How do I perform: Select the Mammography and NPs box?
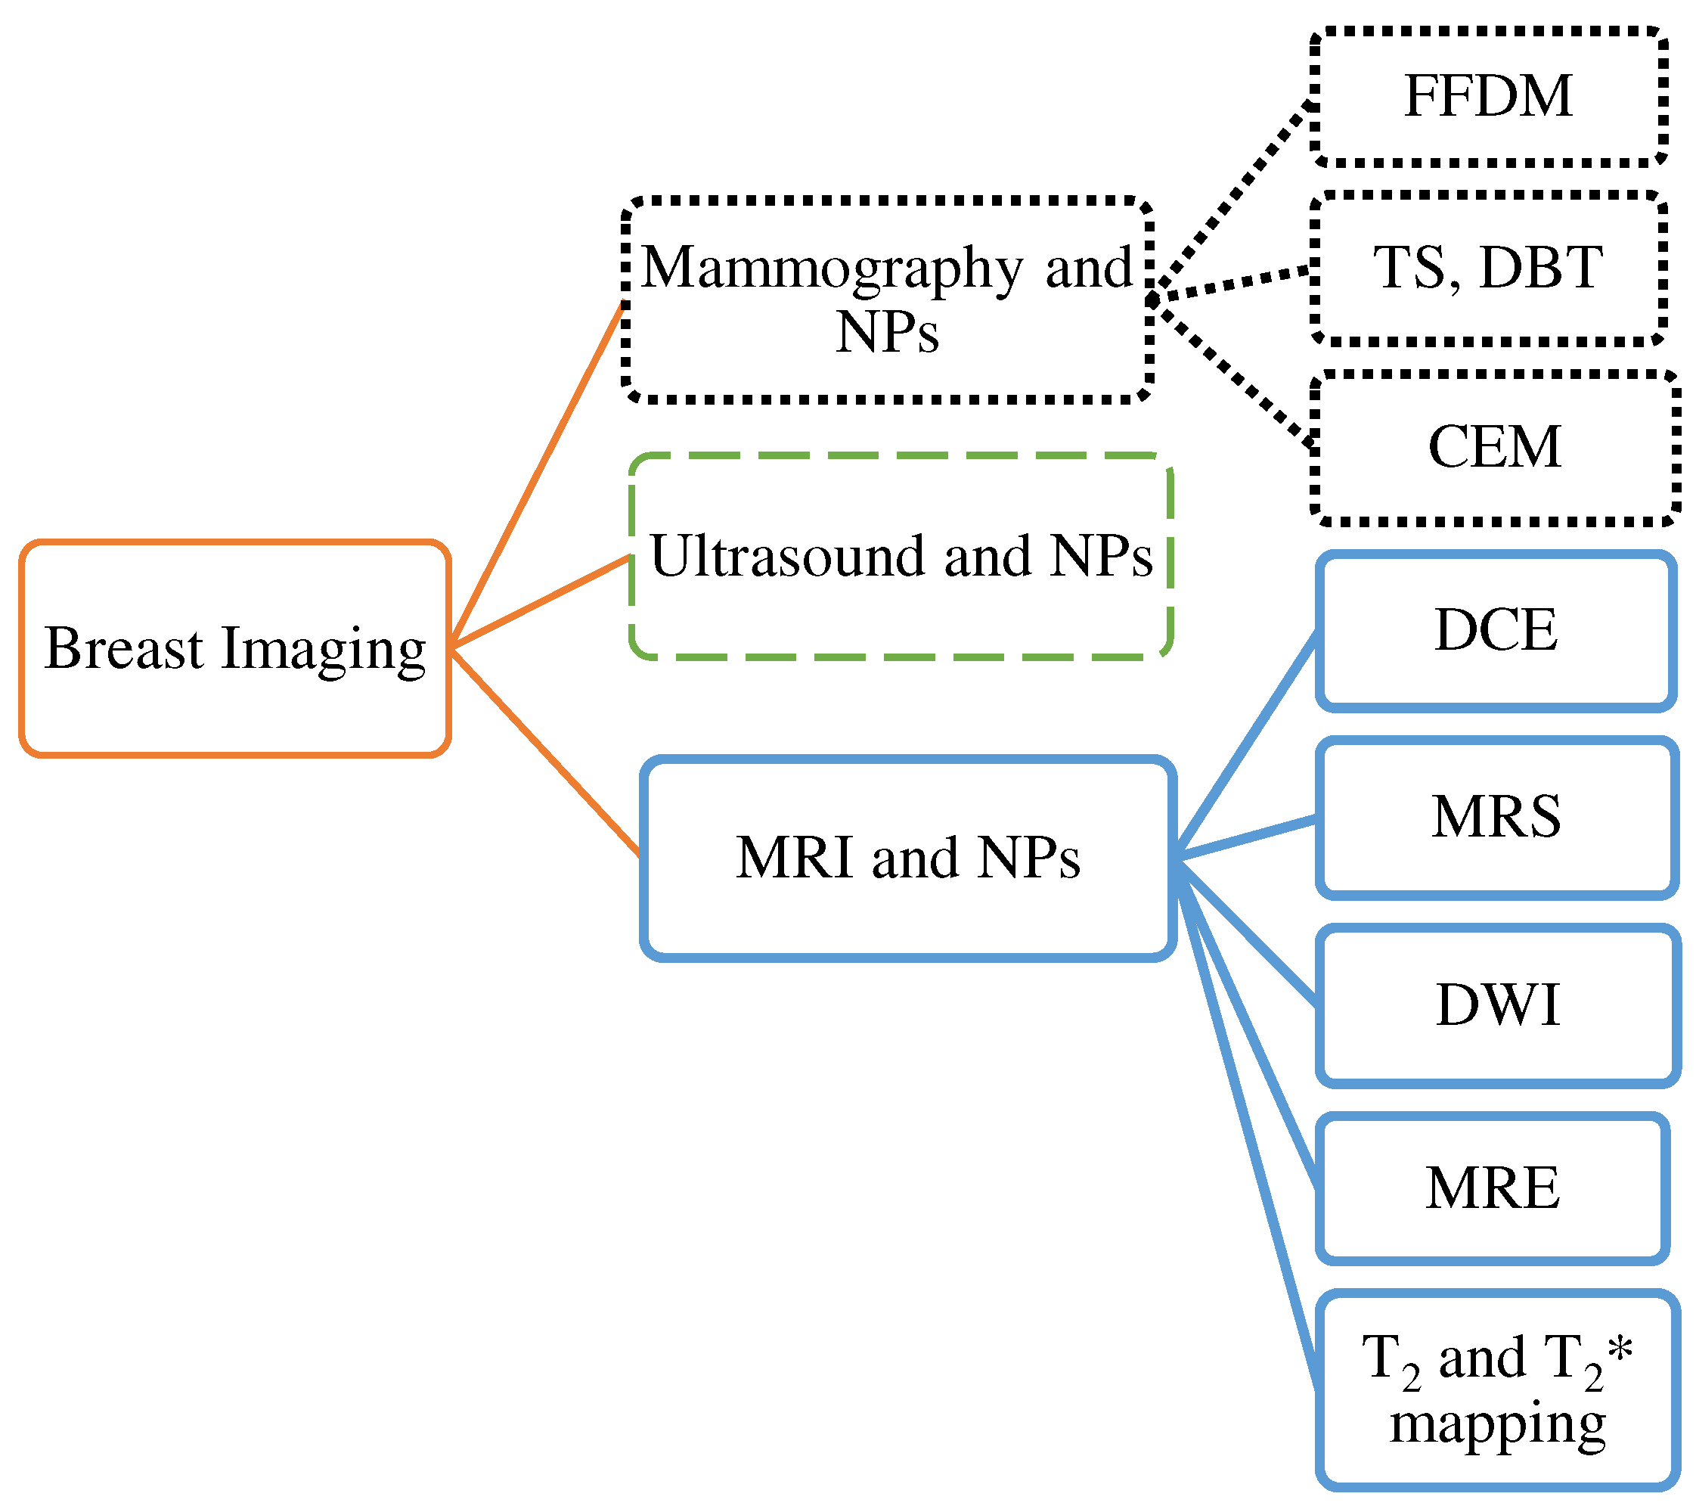coord(886,300)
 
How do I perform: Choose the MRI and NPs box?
coord(908,859)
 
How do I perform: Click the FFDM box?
coord(1488,96)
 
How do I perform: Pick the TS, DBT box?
coord(1488,268)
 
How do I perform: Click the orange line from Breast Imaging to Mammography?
coord(538,473)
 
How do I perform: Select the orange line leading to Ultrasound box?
coord(539,602)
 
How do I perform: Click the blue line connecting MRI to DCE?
coord(1246,744)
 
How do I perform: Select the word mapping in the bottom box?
coord(1497,1424)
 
